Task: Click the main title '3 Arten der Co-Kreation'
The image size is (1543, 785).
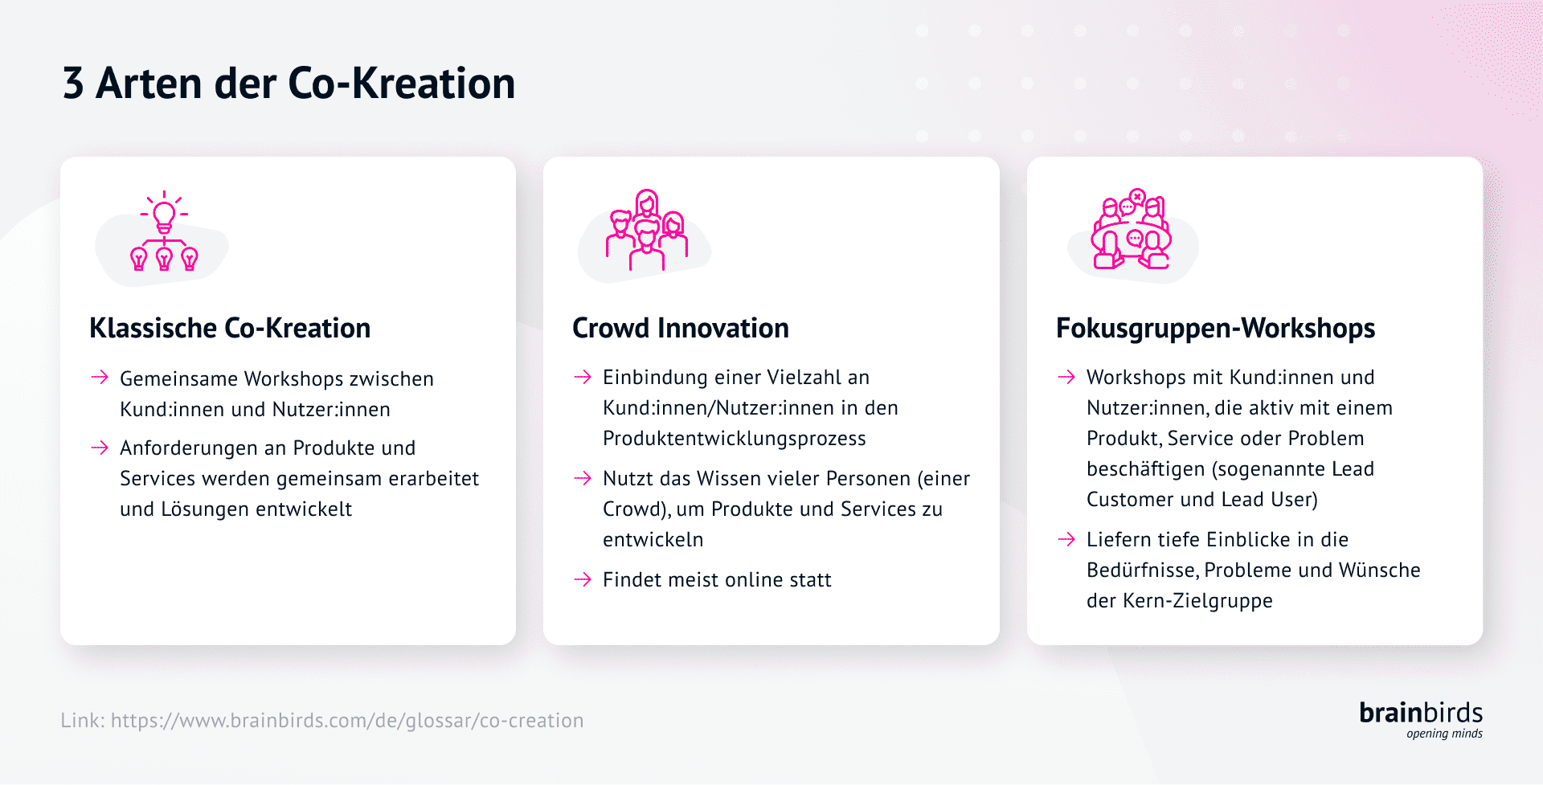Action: pyautogui.click(x=289, y=84)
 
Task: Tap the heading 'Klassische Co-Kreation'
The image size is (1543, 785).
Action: pyautogui.click(x=230, y=328)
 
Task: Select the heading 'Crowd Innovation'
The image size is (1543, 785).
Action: pyautogui.click(x=680, y=328)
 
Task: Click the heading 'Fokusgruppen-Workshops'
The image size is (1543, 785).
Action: pyautogui.click(x=1215, y=328)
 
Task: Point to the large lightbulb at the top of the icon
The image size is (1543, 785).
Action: pyautogui.click(x=164, y=214)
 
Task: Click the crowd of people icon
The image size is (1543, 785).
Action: pyautogui.click(x=647, y=231)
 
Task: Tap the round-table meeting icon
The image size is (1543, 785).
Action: pyautogui.click(x=1131, y=231)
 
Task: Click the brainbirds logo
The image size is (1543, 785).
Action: pyautogui.click(x=1420, y=713)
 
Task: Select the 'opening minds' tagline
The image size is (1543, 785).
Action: pyautogui.click(x=1444, y=734)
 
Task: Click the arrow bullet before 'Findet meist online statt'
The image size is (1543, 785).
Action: pyautogui.click(x=583, y=579)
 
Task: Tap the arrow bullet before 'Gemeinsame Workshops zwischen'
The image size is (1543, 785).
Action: pyautogui.click(x=100, y=378)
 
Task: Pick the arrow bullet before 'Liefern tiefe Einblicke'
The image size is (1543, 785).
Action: pyautogui.click(x=1066, y=539)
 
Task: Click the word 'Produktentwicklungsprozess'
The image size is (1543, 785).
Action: pyautogui.click(x=734, y=439)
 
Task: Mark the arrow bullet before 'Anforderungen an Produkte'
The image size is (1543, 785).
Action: pyautogui.click(x=100, y=448)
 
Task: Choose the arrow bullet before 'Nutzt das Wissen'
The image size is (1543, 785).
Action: pyautogui.click(x=583, y=479)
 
